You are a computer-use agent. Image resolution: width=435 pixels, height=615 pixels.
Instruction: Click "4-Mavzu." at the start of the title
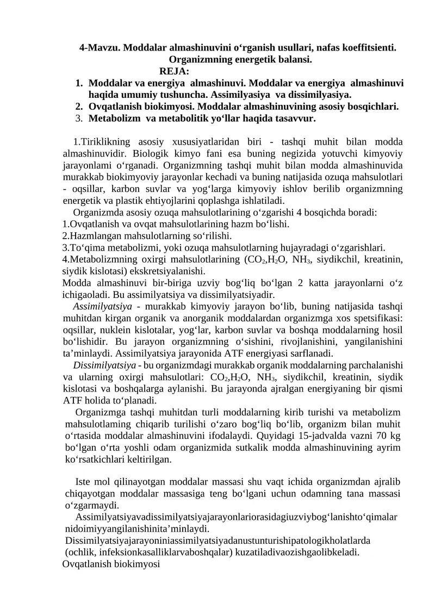click(x=100, y=48)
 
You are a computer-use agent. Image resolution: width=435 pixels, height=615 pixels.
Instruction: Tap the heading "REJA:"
click(x=174, y=71)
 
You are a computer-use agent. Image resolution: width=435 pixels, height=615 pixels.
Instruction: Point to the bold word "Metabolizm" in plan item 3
click(x=113, y=118)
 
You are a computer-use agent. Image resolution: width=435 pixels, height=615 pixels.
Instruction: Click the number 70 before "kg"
click(x=382, y=436)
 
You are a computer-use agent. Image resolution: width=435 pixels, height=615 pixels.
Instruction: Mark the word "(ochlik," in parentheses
click(x=82, y=552)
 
